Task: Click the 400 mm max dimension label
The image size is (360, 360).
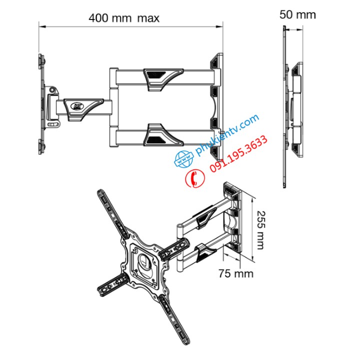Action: (x=124, y=18)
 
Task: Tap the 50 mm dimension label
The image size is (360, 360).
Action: (x=297, y=14)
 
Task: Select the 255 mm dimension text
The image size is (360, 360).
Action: (x=261, y=230)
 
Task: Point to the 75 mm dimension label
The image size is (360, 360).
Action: (x=236, y=273)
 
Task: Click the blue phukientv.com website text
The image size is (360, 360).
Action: (x=227, y=135)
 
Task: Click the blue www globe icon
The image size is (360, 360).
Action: (x=183, y=159)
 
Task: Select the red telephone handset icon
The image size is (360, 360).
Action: (x=195, y=178)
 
